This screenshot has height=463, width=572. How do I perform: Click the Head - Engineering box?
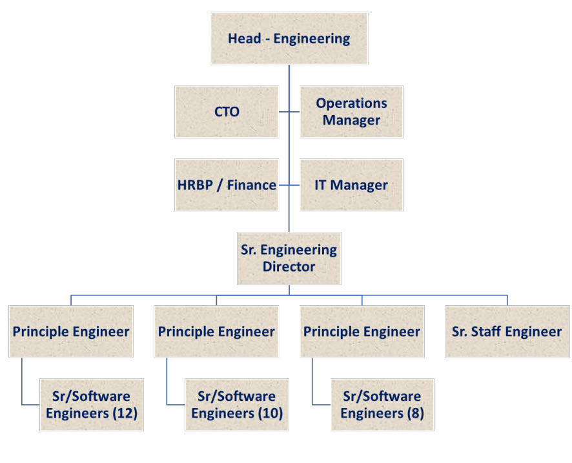[289, 38]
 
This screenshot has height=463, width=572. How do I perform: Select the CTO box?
[227, 112]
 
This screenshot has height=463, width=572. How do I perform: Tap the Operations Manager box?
[351, 112]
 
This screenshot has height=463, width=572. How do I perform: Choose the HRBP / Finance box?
[227, 185]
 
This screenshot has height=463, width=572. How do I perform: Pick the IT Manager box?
[351, 185]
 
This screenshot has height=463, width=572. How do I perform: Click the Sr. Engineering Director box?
[289, 258]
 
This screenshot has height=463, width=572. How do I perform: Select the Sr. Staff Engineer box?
[507, 332]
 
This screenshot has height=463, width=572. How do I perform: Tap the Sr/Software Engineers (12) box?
[91, 405]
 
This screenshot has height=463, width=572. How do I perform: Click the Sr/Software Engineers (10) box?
[237, 405]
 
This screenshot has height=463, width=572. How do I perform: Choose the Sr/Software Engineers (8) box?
[382, 405]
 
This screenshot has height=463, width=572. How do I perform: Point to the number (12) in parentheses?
[125, 413]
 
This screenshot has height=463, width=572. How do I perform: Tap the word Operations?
[351, 103]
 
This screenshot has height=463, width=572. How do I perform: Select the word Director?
[289, 266]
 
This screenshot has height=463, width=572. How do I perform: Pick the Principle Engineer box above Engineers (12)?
[71, 332]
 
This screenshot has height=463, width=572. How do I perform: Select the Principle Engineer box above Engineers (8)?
[362, 332]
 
